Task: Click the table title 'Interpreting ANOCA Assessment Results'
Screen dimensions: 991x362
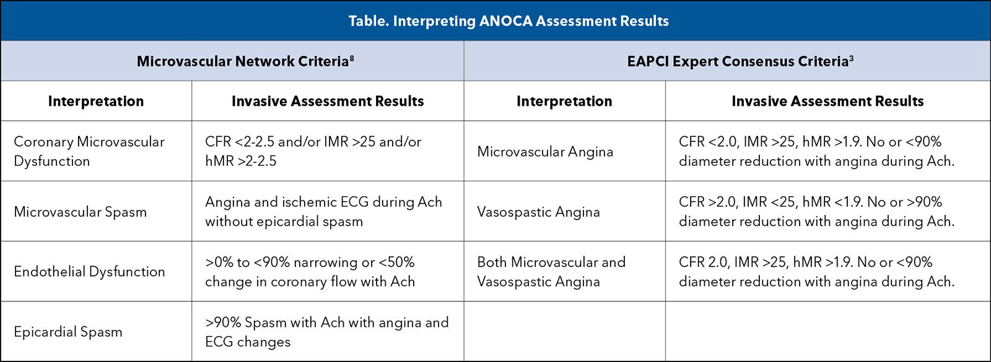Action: (530, 21)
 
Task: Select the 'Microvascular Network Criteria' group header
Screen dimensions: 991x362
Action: (242, 61)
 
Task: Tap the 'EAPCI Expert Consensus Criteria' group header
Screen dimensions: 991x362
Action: (737, 61)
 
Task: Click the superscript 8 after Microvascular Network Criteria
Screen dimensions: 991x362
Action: (352, 58)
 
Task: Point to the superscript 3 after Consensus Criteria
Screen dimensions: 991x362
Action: (851, 58)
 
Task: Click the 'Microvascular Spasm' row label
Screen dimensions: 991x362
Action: (80, 212)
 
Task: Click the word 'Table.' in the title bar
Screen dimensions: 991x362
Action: (368, 21)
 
